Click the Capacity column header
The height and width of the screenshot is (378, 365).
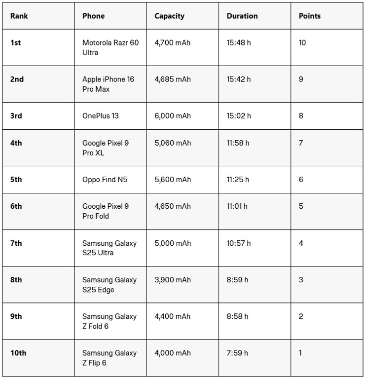(169, 16)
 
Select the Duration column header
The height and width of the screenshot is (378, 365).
(242, 16)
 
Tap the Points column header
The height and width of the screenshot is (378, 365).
(309, 16)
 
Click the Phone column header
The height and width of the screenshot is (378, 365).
(93, 16)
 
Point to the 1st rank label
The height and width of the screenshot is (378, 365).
(15, 43)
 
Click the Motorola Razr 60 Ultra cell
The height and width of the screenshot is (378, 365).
(110, 47)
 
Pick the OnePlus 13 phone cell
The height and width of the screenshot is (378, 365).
(100, 116)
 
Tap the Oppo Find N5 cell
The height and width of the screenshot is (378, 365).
(105, 180)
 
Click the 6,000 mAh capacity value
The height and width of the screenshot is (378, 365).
(172, 116)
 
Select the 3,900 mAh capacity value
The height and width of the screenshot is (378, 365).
(172, 280)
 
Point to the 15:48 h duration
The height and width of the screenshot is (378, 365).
(239, 43)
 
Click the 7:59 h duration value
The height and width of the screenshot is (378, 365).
(237, 353)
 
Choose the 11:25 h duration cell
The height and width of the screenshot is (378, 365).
(238, 180)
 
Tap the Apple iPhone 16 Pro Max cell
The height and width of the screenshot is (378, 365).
(108, 84)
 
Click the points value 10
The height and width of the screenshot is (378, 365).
(302, 43)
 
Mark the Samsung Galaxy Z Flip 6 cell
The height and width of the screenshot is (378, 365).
(109, 358)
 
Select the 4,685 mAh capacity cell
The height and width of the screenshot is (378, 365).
(172, 79)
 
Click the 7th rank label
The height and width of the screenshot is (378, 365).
(16, 243)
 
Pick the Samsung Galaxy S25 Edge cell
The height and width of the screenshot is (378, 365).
(109, 285)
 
